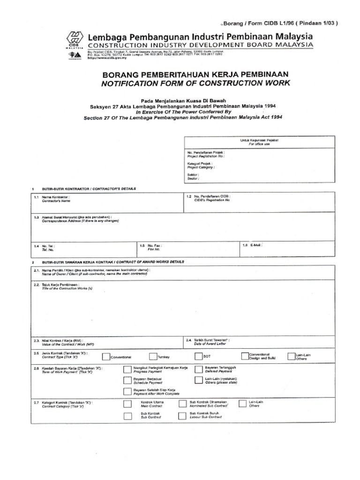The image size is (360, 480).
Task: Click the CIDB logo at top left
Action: (x=75, y=38)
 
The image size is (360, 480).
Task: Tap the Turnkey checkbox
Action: (x=154, y=357)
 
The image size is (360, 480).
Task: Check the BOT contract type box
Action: (x=198, y=357)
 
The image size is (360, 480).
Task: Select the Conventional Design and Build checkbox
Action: (x=245, y=357)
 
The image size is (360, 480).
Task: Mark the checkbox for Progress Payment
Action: (x=127, y=369)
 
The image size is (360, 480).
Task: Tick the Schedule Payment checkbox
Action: (x=127, y=381)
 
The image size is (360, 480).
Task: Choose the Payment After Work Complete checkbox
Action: (x=127, y=392)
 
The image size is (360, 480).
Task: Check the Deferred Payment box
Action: (x=198, y=369)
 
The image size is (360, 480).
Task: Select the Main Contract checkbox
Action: (x=127, y=404)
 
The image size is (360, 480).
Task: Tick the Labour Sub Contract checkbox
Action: (x=182, y=416)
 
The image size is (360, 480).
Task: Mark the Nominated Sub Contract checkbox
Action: (x=182, y=404)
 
